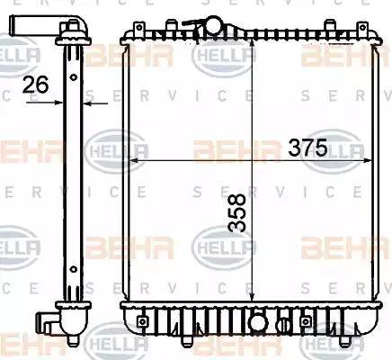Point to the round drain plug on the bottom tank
259,319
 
